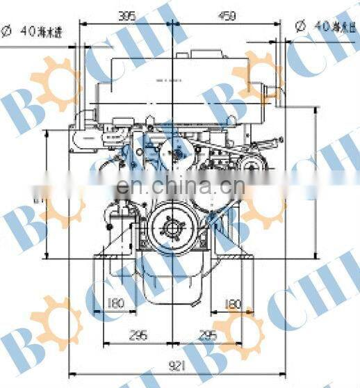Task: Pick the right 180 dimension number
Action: pos(234,303)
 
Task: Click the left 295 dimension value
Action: pos(139,334)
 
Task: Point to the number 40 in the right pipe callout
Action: pos(322,26)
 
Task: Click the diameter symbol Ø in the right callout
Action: pos(300,26)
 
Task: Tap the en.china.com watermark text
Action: pos(179,186)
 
